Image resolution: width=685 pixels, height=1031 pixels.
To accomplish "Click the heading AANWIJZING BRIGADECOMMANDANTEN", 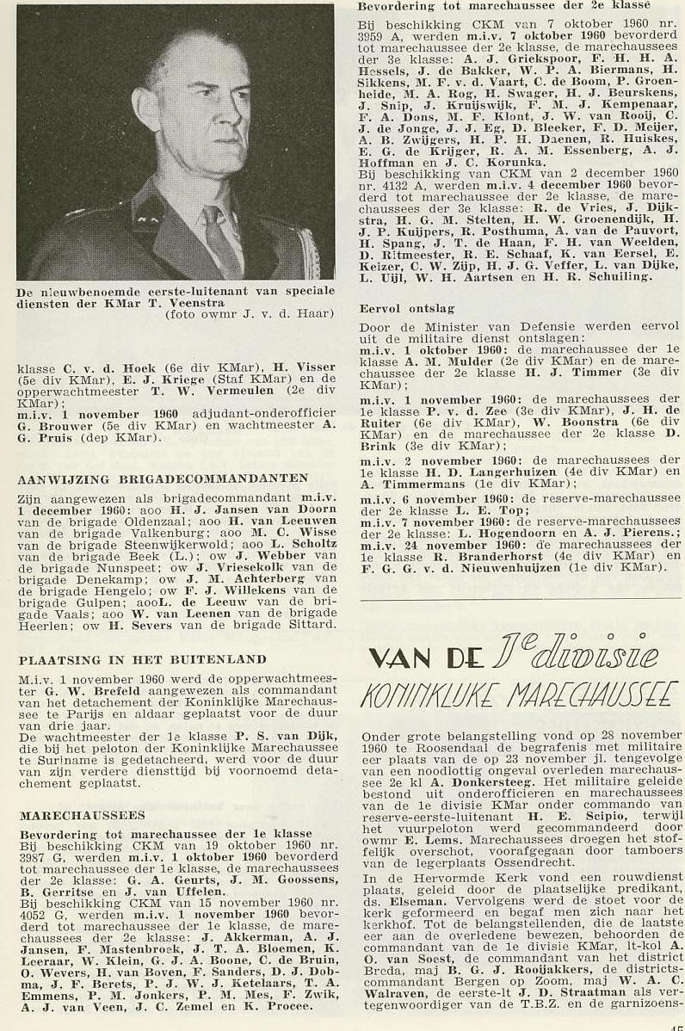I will click(163, 478).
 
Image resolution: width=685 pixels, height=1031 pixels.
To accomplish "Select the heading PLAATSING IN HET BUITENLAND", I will click(142, 659).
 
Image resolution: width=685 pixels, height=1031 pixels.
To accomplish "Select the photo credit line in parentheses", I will click(249, 313).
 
